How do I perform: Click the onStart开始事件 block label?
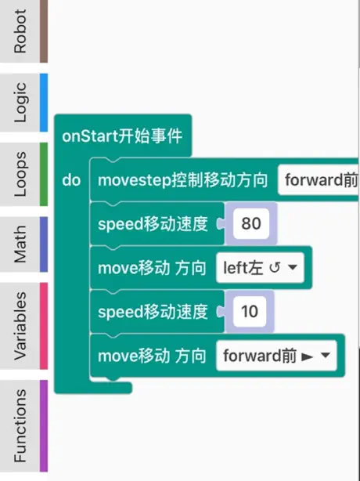point(122,136)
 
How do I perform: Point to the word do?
point(71,180)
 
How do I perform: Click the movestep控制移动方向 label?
point(183,180)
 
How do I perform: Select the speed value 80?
point(251,223)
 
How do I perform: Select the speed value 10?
point(250,312)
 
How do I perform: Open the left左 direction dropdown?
point(260,268)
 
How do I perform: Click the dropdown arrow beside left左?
point(293,267)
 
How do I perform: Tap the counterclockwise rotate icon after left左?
point(275,268)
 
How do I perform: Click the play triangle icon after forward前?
point(307,356)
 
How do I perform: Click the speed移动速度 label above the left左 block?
point(153,224)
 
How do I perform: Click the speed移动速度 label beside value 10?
point(153,312)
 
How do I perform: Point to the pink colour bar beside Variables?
point(44,326)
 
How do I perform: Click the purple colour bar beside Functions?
point(44,426)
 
